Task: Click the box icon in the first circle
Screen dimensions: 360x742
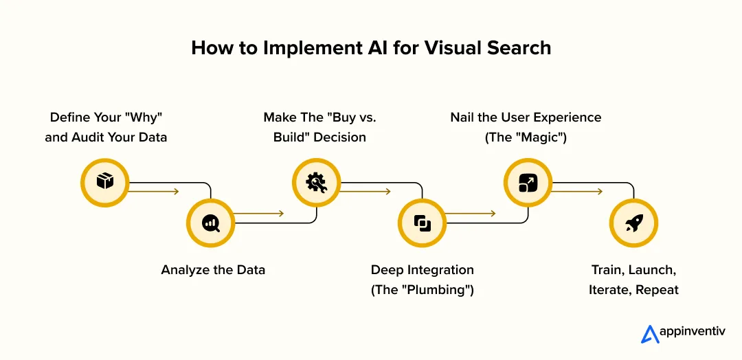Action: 104,182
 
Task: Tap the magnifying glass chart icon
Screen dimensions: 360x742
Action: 210,223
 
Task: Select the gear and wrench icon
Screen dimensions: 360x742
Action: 316,182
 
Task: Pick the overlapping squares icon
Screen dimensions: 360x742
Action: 422,223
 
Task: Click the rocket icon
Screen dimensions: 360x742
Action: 634,223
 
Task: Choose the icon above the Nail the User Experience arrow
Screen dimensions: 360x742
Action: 528,182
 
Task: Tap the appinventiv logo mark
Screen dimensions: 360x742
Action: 650,333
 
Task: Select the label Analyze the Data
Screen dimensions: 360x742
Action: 213,270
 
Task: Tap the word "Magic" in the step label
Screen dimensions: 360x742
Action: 543,137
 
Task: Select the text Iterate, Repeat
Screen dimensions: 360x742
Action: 633,290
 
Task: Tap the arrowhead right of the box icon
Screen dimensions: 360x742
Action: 176,192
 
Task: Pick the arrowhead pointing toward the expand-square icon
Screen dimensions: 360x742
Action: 493,214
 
